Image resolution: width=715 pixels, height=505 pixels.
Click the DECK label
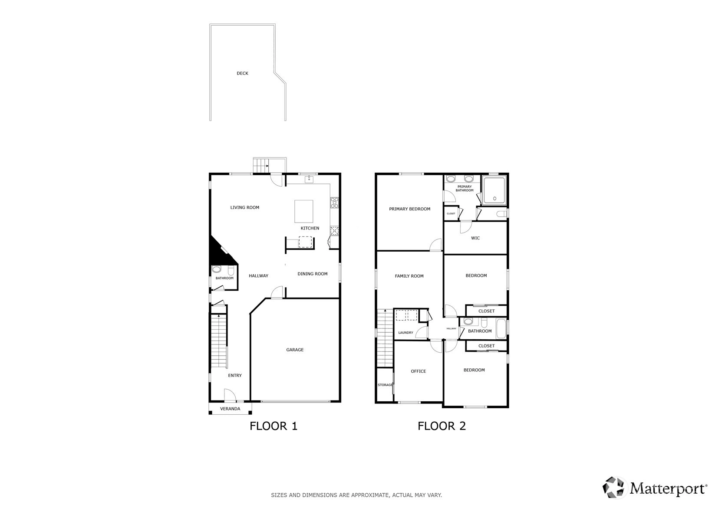(x=242, y=73)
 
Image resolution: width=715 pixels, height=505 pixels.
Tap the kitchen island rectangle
(x=303, y=211)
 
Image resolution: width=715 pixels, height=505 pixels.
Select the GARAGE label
(x=295, y=350)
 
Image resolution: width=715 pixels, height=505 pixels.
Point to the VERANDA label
(x=230, y=409)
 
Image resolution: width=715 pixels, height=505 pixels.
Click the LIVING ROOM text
(x=245, y=207)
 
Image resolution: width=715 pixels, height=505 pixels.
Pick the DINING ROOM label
(x=313, y=274)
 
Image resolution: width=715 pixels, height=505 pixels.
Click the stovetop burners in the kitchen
(x=334, y=203)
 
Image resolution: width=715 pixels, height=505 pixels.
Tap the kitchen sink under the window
(x=309, y=179)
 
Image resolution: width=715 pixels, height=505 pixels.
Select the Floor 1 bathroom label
(x=224, y=278)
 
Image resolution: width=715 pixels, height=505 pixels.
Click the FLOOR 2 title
(x=442, y=426)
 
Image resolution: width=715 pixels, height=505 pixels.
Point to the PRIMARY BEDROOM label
(x=409, y=209)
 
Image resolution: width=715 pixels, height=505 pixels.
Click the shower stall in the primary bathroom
(x=494, y=191)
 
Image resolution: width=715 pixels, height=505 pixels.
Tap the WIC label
(x=475, y=238)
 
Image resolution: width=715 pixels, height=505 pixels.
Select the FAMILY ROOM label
(x=409, y=276)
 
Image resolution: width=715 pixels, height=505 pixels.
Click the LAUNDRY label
(x=406, y=333)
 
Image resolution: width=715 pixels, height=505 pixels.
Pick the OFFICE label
(x=418, y=371)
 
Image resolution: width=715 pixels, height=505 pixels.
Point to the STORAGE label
(x=385, y=385)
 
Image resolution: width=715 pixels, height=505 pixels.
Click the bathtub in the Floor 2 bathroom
(x=501, y=328)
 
